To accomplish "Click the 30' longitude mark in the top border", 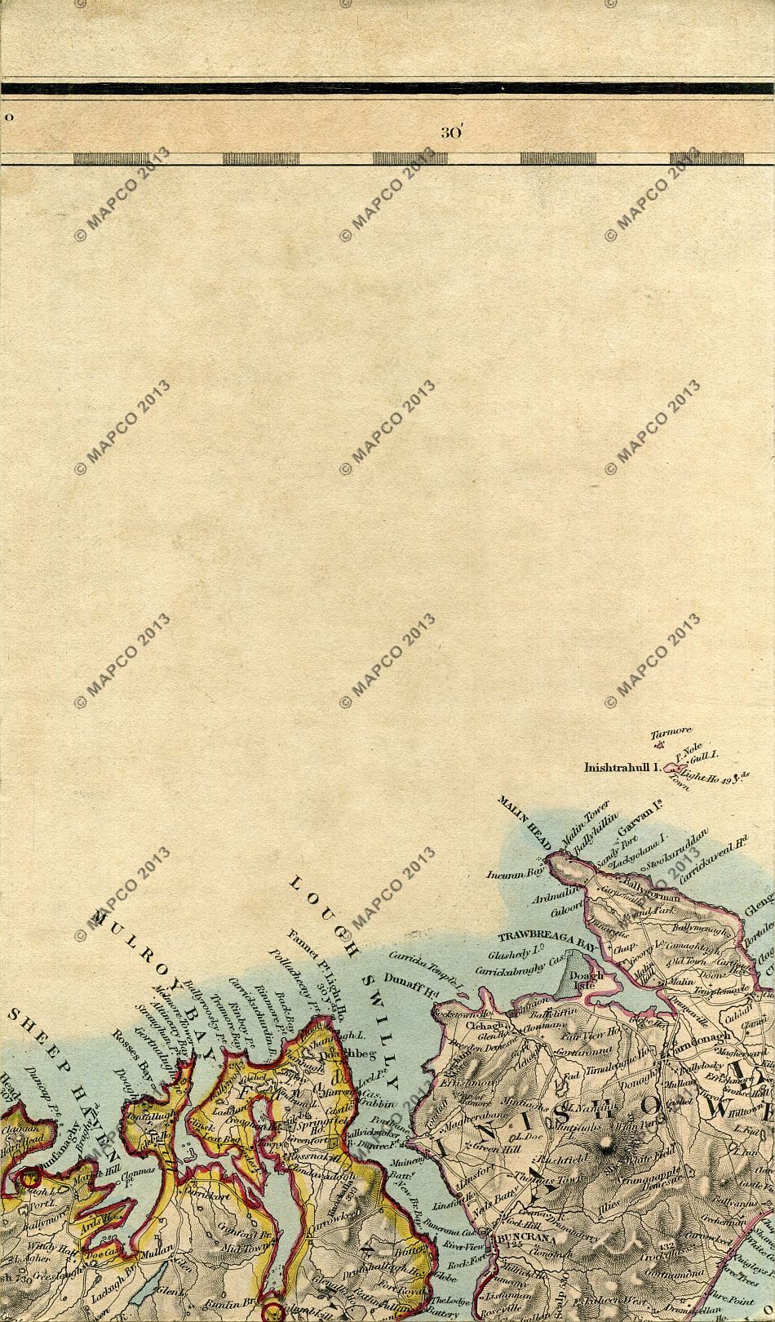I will pyautogui.click(x=451, y=133).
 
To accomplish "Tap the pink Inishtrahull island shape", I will pyautogui.click(x=673, y=768).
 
